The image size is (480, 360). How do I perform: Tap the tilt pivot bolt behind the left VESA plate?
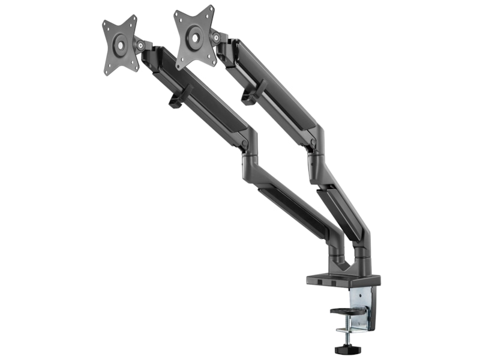(140, 45)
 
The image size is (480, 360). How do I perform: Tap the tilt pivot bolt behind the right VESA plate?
(215, 37)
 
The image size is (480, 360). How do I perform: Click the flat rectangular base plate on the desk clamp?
(343, 280)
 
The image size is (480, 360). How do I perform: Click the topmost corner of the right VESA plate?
(210, 8)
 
